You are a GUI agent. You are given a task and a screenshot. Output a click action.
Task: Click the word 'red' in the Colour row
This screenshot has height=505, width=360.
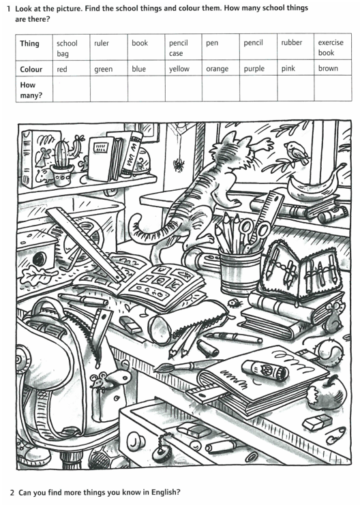click(62, 70)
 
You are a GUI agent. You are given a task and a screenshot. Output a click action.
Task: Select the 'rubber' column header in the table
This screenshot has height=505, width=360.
click(291, 42)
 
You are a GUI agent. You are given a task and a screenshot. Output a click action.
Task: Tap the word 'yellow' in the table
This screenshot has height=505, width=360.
click(179, 70)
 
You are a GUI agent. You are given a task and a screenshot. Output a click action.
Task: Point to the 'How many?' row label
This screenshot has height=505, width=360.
click(31, 90)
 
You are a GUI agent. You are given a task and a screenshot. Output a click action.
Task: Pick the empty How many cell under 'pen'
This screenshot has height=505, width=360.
click(221, 89)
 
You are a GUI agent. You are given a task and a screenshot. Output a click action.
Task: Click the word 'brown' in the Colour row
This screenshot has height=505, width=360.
click(328, 68)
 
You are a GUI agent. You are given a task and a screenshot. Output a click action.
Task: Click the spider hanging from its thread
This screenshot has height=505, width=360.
click(177, 165)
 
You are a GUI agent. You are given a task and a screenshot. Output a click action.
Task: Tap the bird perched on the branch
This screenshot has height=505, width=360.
click(297, 152)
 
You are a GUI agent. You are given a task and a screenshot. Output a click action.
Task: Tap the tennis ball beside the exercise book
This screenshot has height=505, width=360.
click(331, 352)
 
